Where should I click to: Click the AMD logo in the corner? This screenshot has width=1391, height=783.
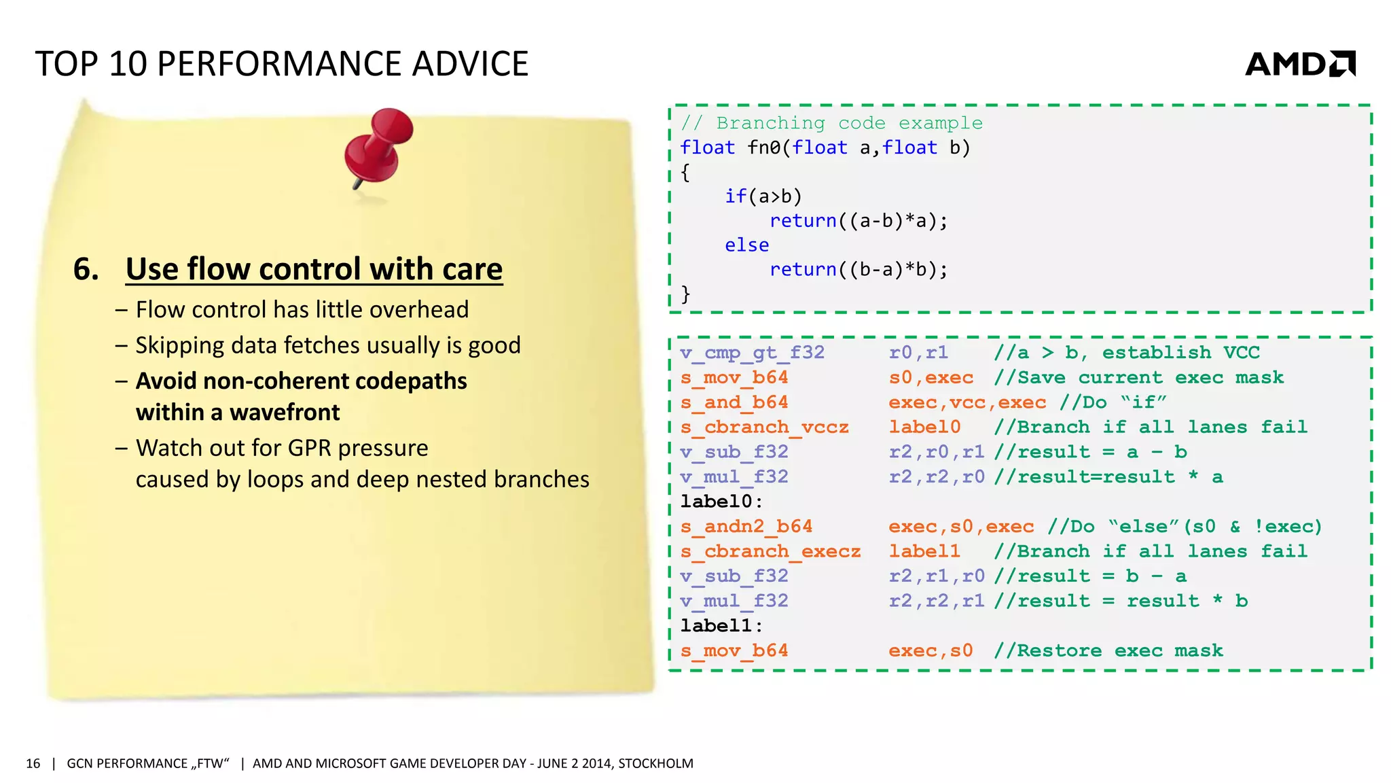tap(1299, 64)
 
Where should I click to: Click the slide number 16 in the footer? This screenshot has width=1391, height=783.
tap(33, 763)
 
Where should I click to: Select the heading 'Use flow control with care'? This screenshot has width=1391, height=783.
tap(314, 269)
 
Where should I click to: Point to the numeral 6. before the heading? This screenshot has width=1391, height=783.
tap(86, 269)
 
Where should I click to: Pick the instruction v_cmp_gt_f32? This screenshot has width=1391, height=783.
tap(752, 353)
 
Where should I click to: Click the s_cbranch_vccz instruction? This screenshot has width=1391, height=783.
tap(764, 428)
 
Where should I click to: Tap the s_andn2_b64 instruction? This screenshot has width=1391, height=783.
tap(746, 527)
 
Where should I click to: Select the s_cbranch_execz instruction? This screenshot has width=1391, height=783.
tap(770, 551)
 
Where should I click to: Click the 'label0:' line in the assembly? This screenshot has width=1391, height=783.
tap(721, 502)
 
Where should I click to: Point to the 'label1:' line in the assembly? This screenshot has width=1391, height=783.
tap(721, 626)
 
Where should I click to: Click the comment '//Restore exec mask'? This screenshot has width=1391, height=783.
tap(1108, 651)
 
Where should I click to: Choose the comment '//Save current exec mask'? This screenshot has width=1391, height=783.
tap(1138, 378)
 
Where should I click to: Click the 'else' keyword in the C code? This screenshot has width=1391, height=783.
tap(746, 245)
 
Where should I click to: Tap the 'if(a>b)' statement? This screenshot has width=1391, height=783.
tap(763, 196)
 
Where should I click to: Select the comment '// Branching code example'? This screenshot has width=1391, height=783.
tap(831, 123)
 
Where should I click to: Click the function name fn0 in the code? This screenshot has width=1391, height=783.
tap(763, 147)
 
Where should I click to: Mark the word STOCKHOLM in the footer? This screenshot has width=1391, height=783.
tap(655, 763)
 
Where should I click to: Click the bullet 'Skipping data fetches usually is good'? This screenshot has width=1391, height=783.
tap(327, 345)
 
